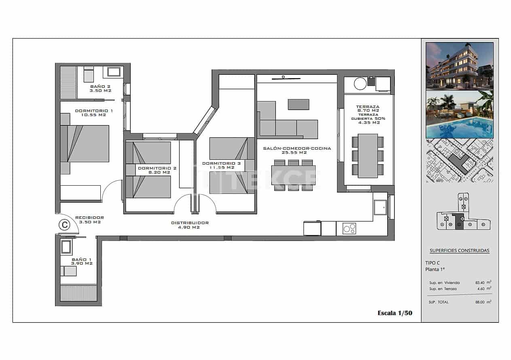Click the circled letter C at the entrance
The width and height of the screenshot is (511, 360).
[x=64, y=224]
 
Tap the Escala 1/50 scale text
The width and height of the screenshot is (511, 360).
[x=394, y=313]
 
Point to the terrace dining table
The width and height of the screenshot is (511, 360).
[x=368, y=156]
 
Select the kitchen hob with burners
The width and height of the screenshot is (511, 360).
[x=349, y=229]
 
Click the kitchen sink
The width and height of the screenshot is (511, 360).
[x=380, y=208]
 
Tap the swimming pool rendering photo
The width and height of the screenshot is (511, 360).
[x=460, y=114]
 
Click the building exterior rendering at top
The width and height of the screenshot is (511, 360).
[x=460, y=66]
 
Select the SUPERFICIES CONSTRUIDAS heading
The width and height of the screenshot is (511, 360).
[x=459, y=250]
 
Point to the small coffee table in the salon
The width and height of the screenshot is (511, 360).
[x=298, y=104]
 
